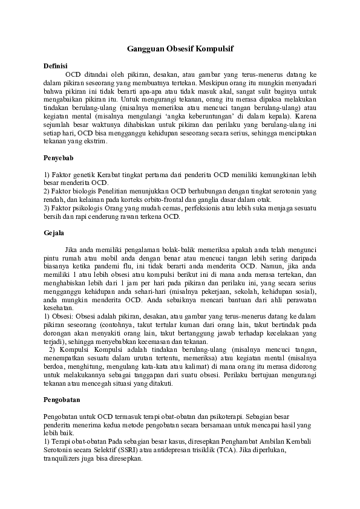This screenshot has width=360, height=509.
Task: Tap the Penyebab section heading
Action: click(59, 157)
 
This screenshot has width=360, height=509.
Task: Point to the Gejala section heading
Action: click(53, 232)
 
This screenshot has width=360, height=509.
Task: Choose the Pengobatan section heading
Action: click(62, 400)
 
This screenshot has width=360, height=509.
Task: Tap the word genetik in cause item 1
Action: click(83, 175)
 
